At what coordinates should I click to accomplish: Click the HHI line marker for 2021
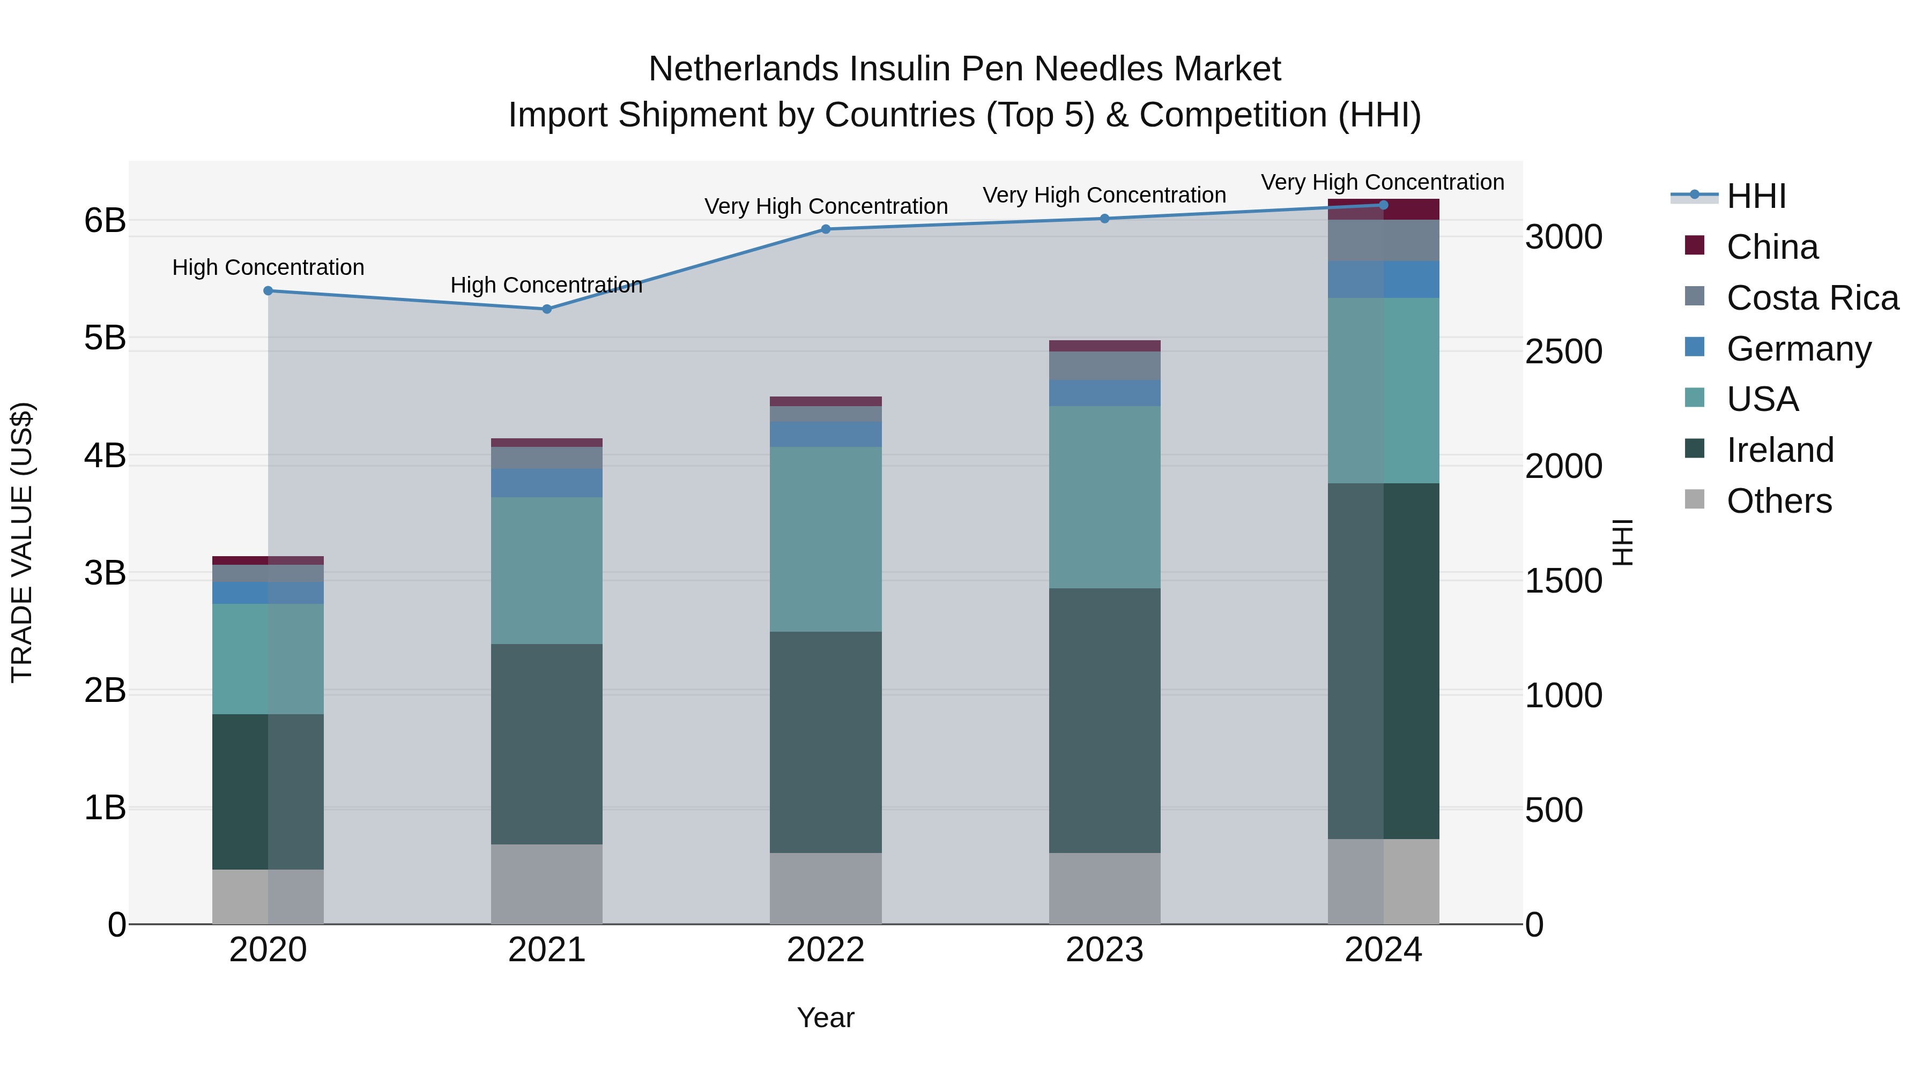[546, 309]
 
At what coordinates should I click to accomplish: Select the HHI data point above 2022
[826, 229]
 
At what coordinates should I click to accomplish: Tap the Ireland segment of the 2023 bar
[1104, 720]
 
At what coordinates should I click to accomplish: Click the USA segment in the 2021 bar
[546, 571]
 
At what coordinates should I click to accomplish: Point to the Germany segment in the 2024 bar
[1383, 279]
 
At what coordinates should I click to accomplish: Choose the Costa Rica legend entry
[1812, 298]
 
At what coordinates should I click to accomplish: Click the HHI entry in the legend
[1755, 196]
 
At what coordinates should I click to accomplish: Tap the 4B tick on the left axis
[105, 455]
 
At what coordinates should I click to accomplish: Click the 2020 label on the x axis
[268, 950]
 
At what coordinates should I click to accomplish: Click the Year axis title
[826, 1017]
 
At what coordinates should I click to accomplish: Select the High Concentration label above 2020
[268, 267]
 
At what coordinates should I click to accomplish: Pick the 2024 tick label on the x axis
[1383, 950]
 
